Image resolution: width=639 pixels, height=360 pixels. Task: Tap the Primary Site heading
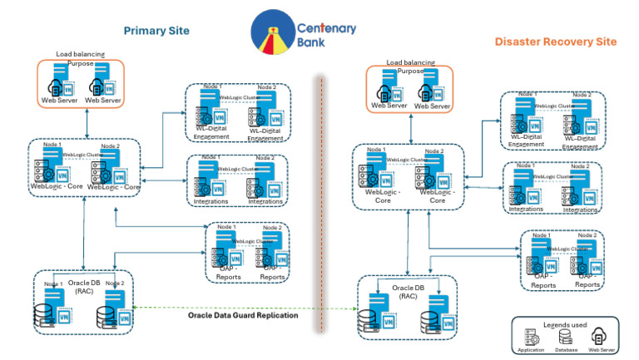click(156, 31)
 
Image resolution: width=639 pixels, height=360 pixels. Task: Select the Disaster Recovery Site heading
click(556, 42)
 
